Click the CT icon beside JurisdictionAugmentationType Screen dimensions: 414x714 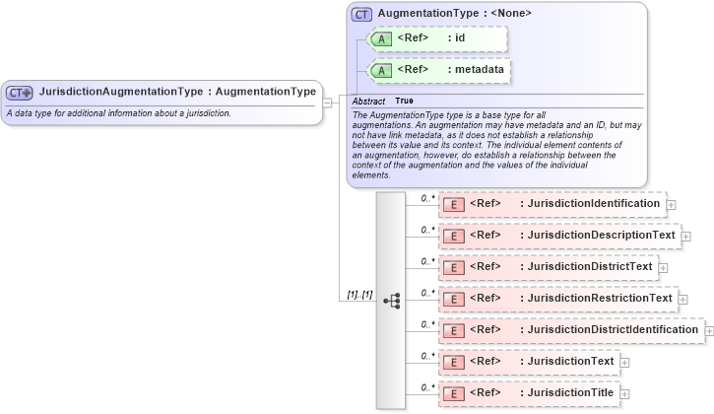point(20,93)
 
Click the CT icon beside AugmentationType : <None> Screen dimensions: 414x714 point(362,14)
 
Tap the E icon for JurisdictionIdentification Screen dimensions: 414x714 point(454,204)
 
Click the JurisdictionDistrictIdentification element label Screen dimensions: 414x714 point(609,329)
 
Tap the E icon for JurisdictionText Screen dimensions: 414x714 point(454,362)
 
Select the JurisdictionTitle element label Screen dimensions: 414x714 point(566,393)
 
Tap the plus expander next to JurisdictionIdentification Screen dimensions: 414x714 point(672,205)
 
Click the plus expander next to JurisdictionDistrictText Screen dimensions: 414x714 point(663,268)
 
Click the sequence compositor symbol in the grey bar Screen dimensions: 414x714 point(390,300)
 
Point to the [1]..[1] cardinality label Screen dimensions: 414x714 point(359,295)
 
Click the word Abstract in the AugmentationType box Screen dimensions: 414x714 point(368,102)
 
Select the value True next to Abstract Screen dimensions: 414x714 point(404,102)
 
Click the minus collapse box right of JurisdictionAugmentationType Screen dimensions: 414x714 point(328,93)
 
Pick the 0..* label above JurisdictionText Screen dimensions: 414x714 point(427,354)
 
